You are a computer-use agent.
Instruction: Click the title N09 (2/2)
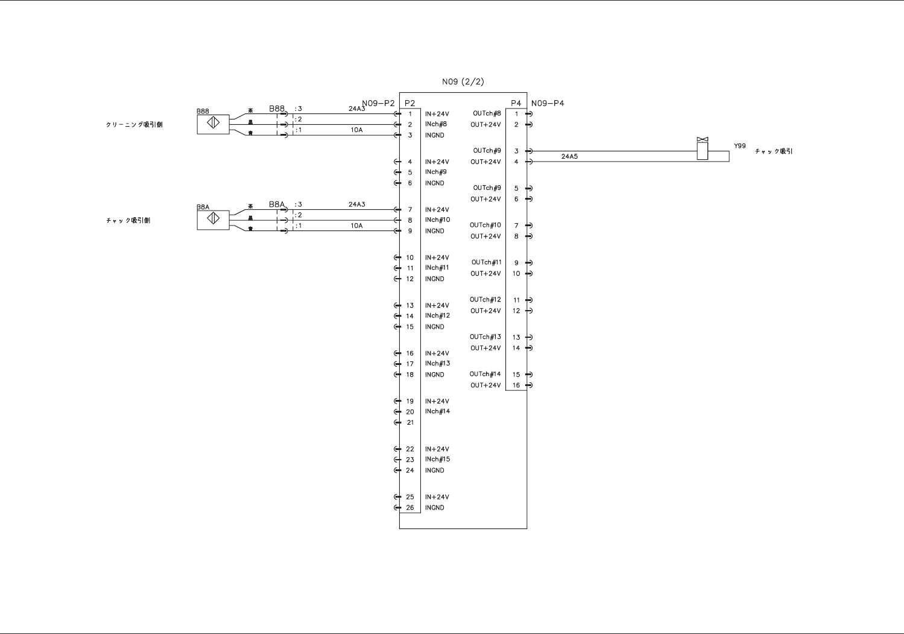(463, 82)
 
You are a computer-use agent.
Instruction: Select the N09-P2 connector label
(378, 103)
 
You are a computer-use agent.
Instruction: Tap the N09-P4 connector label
(548, 103)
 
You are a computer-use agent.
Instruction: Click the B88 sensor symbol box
(213, 124)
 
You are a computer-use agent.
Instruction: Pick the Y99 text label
(739, 146)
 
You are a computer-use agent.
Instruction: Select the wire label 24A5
(569, 156)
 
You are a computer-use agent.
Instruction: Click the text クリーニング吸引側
(134, 125)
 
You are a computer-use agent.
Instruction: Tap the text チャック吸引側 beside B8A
(128, 221)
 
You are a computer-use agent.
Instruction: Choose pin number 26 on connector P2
(410, 508)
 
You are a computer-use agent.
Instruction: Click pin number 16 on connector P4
(516, 385)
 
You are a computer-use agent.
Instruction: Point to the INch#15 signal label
(437, 459)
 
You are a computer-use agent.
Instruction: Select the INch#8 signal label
(435, 124)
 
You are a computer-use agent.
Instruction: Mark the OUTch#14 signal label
(485, 374)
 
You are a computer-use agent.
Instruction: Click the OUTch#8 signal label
(487, 113)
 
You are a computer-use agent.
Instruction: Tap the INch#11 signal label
(437, 268)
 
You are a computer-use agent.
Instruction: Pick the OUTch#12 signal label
(485, 300)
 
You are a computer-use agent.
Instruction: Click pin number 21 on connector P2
(410, 422)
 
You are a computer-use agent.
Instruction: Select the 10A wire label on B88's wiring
(356, 130)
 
